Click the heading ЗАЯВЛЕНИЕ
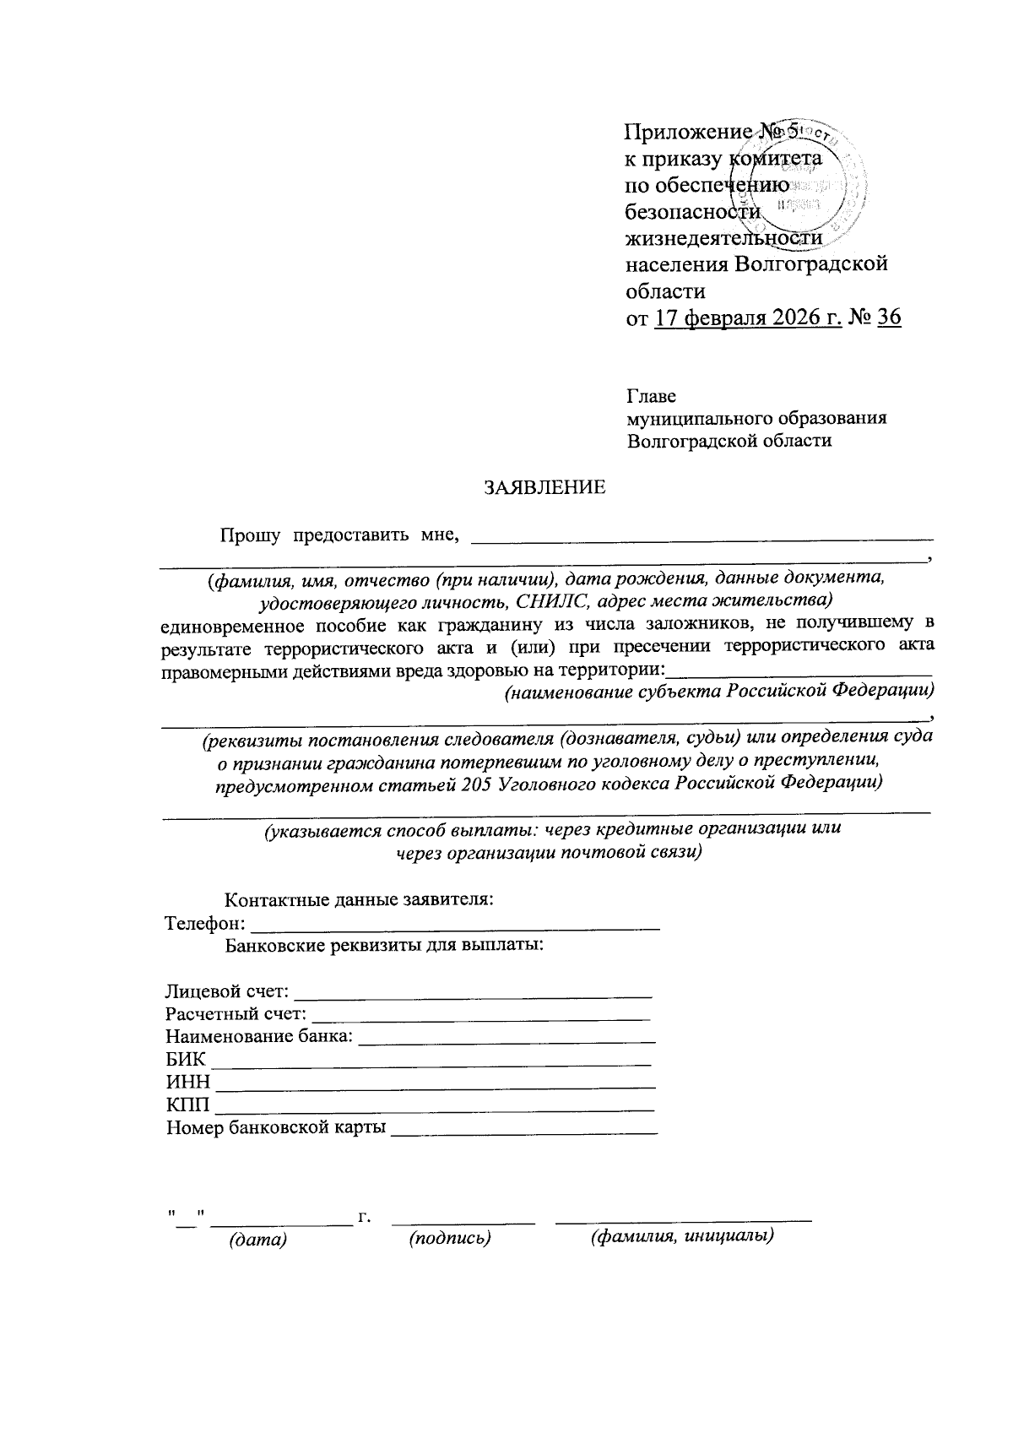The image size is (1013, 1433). (x=544, y=488)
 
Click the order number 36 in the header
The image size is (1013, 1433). (x=889, y=318)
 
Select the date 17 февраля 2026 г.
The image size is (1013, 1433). (x=747, y=318)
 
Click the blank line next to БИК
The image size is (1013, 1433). (x=431, y=1059)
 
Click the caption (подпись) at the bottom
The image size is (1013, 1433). (x=450, y=1238)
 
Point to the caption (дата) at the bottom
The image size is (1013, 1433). (x=258, y=1240)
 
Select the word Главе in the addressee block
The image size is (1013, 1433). (x=651, y=396)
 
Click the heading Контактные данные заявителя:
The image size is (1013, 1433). (x=359, y=899)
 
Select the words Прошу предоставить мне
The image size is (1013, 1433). (x=339, y=535)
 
